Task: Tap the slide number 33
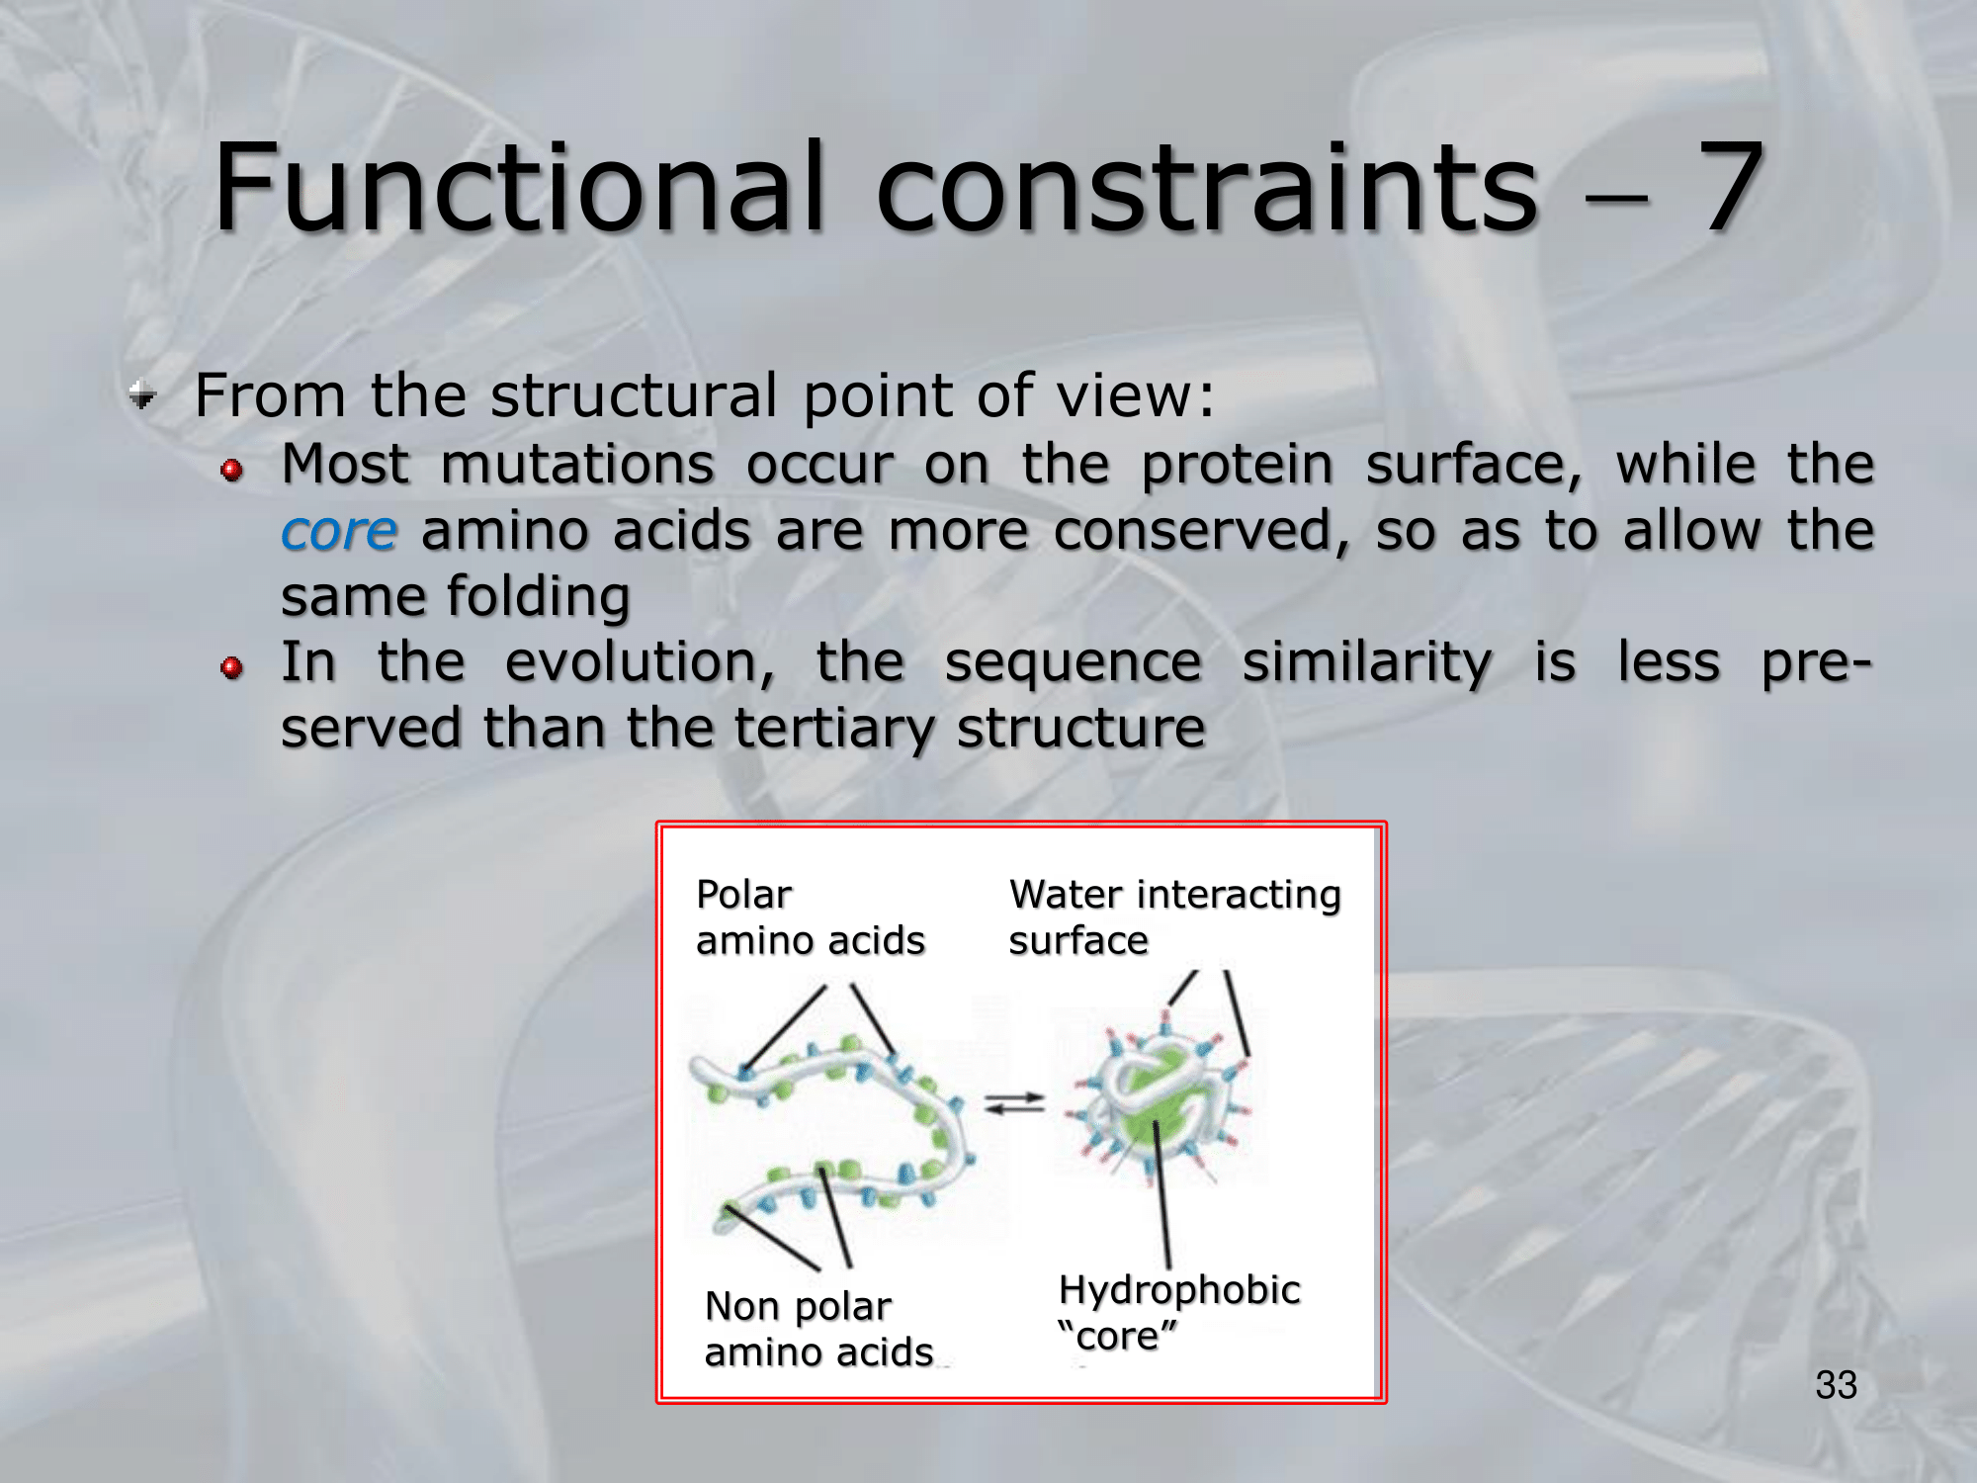1836,1385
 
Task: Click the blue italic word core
339,531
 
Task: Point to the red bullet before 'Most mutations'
232,470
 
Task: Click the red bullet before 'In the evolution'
232,668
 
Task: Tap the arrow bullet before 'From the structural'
143,396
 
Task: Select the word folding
539,597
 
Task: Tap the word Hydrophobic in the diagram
1179,1290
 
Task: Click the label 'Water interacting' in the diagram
1175,895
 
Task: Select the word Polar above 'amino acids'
744,894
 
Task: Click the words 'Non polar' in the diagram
798,1307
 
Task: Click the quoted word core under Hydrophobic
1117,1336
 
